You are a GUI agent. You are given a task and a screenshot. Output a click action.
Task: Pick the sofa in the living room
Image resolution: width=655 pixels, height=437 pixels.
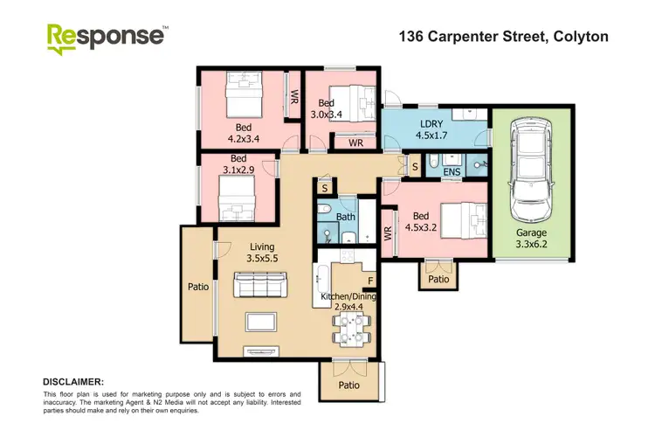pyautogui.click(x=260, y=284)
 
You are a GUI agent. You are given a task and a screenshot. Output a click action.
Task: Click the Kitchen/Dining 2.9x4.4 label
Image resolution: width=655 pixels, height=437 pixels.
pyautogui.click(x=347, y=302)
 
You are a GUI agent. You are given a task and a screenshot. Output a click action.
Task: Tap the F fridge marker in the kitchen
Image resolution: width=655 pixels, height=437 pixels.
pyautogui.click(x=369, y=281)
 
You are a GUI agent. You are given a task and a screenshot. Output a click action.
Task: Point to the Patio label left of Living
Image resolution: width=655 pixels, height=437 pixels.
pyautogui.click(x=197, y=285)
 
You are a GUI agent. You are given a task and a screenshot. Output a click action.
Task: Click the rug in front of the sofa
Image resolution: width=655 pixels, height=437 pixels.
pyautogui.click(x=261, y=322)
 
